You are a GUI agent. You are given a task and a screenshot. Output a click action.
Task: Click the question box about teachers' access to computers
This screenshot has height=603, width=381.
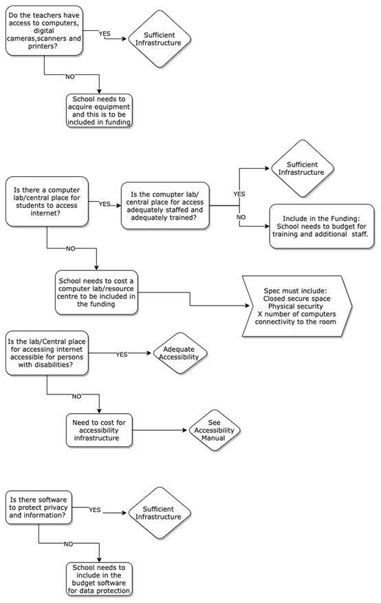pos(44,31)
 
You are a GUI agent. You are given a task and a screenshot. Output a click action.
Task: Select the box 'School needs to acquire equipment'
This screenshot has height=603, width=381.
pos(99,111)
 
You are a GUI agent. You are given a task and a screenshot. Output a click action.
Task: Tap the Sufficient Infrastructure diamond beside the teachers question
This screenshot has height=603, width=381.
pos(158,39)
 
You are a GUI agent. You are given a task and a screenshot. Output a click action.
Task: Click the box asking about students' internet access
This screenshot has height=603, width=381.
pos(47,201)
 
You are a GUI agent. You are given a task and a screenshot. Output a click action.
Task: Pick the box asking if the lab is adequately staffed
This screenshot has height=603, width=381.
pos(165,206)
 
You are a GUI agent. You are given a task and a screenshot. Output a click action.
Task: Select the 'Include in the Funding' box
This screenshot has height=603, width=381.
pos(321,226)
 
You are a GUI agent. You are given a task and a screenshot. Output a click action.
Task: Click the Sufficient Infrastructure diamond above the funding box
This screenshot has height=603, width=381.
pos(301,169)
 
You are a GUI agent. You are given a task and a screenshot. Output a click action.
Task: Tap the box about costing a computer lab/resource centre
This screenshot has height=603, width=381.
pos(96,293)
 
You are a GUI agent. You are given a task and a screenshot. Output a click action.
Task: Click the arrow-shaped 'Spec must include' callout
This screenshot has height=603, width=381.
pos(296,306)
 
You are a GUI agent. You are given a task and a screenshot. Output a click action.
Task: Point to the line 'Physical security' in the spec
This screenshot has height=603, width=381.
pos(295,306)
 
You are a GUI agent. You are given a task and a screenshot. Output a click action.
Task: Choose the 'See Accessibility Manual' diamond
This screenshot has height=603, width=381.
pos(214,430)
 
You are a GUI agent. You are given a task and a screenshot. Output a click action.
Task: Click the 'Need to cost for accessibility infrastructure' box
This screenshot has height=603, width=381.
pos(99,430)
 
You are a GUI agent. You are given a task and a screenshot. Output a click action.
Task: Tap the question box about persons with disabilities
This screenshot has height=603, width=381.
pos(47,353)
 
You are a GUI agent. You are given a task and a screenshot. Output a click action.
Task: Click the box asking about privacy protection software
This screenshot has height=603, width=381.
pos(39,507)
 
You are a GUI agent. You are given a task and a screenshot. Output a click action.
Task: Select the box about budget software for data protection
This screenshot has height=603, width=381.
pos(99,579)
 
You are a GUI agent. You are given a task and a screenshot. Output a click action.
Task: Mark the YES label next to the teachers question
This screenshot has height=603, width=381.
pos(105,34)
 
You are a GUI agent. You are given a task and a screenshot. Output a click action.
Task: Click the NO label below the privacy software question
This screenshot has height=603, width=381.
pos(68,544)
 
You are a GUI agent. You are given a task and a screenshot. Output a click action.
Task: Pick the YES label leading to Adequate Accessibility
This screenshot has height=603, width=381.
pos(122,355)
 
